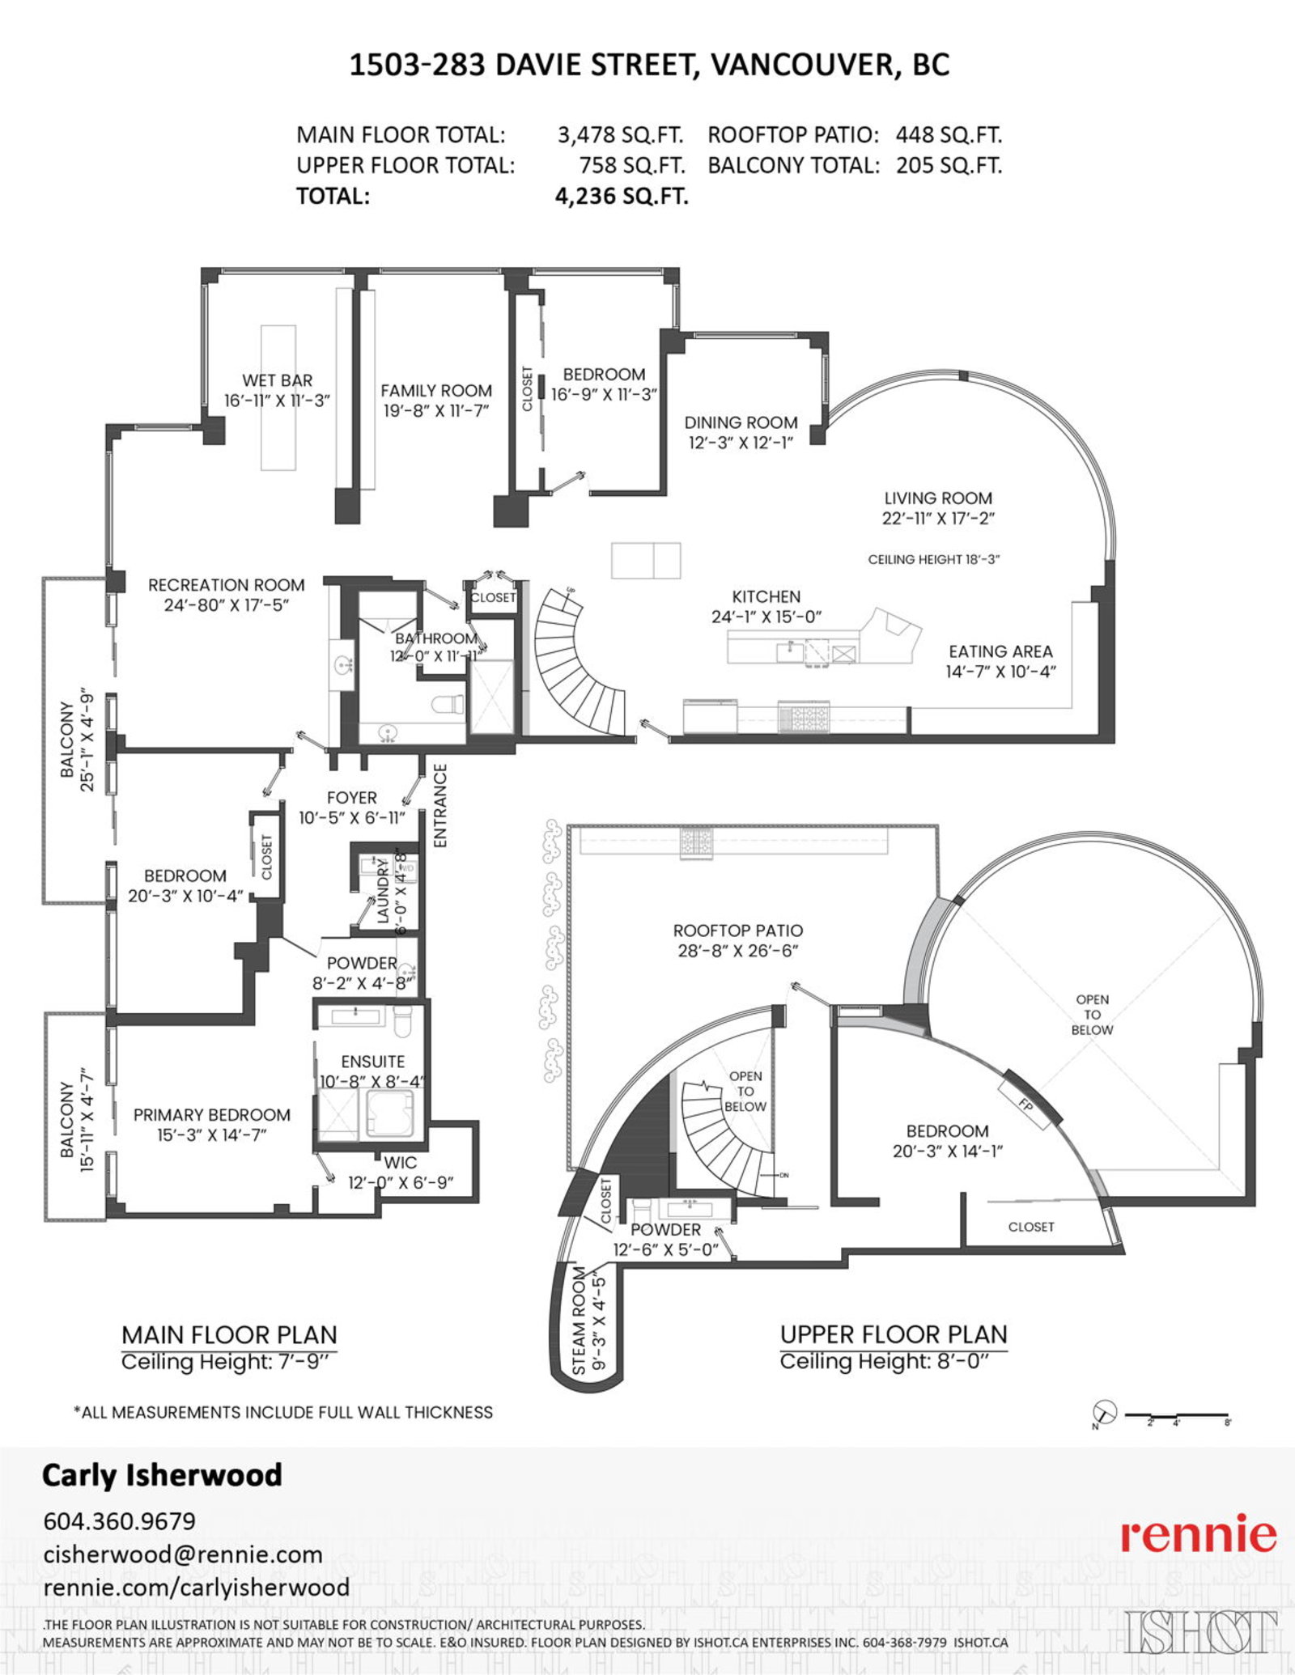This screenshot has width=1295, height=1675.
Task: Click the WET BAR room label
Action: (277, 380)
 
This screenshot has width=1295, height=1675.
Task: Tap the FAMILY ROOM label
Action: (436, 391)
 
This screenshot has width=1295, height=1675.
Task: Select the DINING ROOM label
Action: (741, 422)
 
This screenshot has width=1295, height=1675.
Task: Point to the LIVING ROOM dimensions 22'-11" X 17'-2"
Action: (938, 519)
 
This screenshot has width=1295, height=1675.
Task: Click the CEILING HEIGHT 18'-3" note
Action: (933, 559)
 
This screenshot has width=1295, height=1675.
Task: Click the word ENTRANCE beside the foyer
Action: (440, 805)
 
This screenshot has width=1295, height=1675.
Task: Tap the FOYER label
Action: (351, 798)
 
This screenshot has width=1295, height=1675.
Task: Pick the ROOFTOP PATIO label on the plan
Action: (737, 931)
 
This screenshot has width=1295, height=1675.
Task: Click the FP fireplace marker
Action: (1025, 1103)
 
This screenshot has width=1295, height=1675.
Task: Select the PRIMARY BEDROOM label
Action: (211, 1115)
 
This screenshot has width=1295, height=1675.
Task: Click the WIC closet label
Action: (400, 1163)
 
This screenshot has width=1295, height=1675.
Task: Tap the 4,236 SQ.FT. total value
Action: (621, 197)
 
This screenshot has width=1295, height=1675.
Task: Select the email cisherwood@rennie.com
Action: (183, 1554)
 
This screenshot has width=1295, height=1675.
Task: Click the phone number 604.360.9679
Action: (119, 1521)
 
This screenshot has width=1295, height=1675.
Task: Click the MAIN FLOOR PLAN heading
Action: (229, 1334)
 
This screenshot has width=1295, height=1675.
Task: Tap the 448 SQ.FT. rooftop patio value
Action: (948, 135)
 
